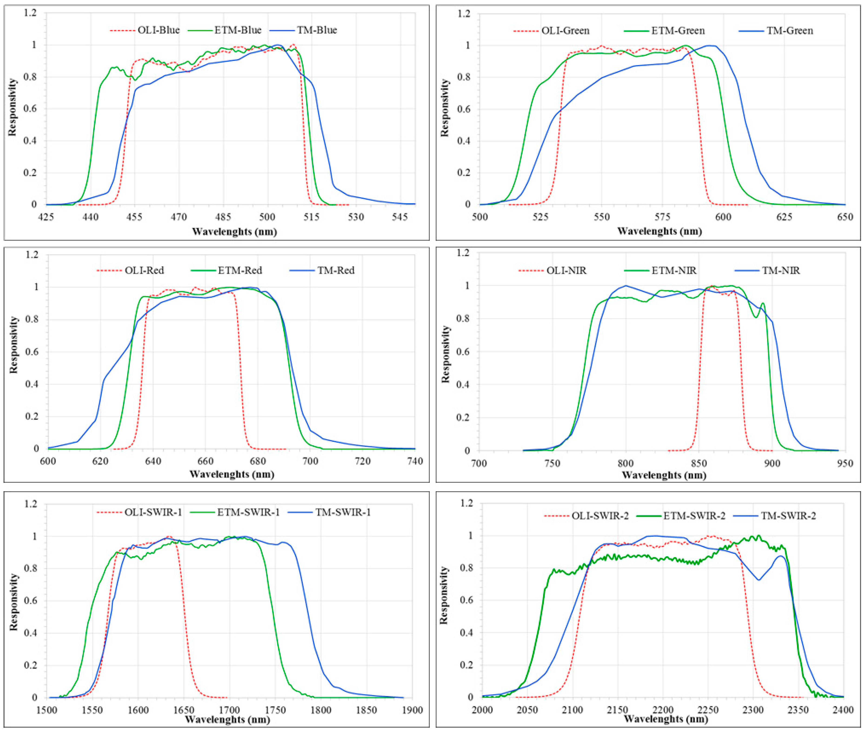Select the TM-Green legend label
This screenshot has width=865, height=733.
click(789, 31)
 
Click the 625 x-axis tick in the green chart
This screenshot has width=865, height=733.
click(784, 217)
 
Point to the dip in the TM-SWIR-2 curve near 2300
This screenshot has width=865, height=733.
click(759, 580)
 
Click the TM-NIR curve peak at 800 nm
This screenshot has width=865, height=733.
click(626, 286)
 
